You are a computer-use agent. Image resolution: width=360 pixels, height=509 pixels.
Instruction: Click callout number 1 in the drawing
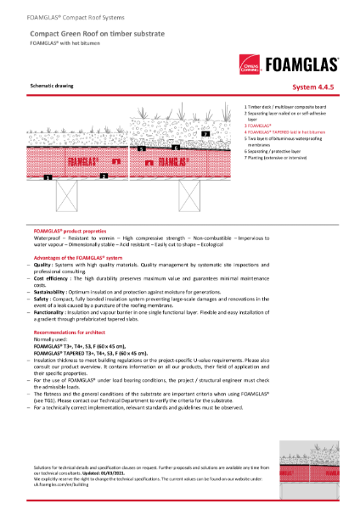[49, 178]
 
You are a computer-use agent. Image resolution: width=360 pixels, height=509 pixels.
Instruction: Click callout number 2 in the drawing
[103, 176]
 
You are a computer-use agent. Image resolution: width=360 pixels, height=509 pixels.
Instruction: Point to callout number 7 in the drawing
[205, 134]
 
